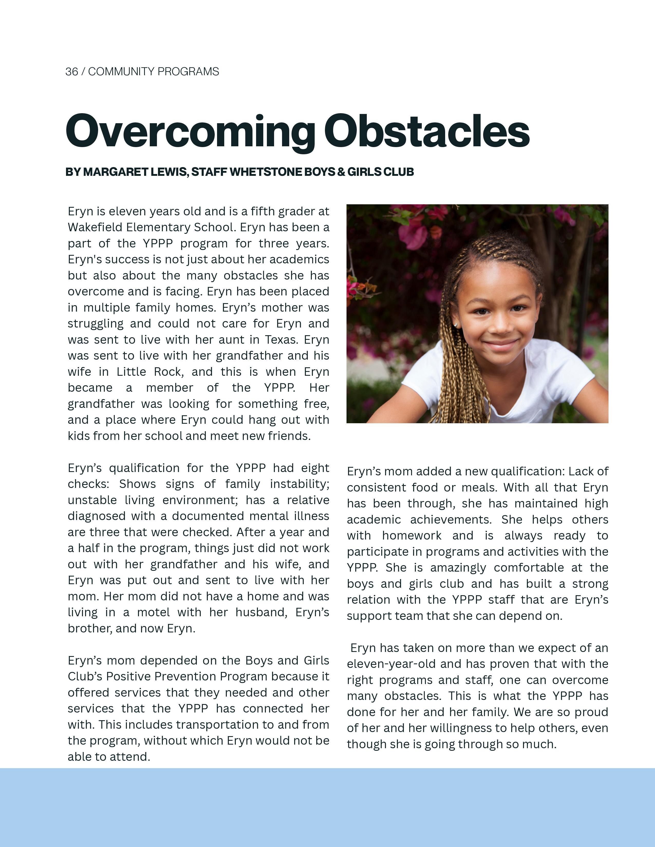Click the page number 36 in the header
[71, 72]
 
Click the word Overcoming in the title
[190, 132]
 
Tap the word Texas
[280, 340]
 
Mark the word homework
[412, 536]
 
